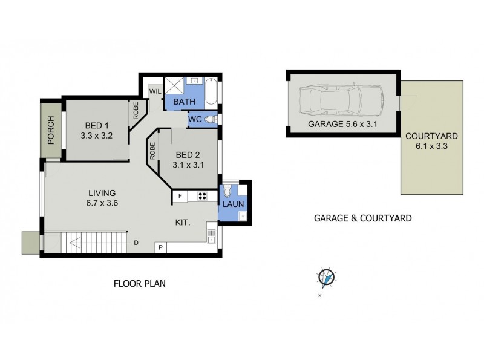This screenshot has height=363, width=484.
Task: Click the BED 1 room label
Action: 97,126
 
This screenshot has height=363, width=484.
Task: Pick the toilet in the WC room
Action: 210,120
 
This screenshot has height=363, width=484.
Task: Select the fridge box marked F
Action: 180,196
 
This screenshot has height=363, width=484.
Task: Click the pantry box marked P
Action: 161,247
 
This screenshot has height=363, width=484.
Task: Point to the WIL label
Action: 154,92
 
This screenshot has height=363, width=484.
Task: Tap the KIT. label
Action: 183,223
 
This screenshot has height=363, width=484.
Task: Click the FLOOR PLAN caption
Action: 140,283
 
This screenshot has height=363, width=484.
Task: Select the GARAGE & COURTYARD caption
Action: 362,217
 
